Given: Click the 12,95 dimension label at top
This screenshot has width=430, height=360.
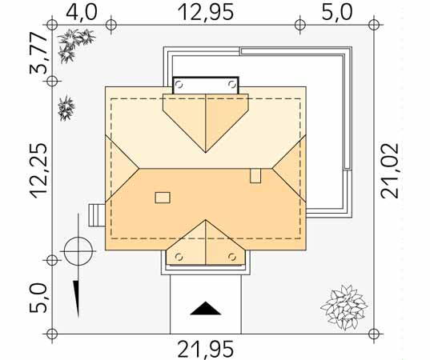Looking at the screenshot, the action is tap(206, 12).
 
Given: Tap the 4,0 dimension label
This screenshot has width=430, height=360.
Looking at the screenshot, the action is tap(82, 12).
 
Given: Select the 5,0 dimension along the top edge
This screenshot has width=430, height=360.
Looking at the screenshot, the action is tap(336, 12).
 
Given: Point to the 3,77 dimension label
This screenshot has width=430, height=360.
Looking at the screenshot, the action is tap(39, 54).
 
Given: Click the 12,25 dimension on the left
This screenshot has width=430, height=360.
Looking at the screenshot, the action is tap(39, 170).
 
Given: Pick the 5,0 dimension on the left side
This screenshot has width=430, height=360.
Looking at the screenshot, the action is tap(39, 298).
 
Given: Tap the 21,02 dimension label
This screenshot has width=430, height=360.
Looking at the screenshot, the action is tap(390, 170).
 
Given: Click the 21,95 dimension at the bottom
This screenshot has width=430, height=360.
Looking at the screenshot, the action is tap(206, 349).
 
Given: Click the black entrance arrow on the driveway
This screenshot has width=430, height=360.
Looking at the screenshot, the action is tap(206, 309).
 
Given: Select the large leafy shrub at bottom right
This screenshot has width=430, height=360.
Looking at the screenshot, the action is tap(344, 307).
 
